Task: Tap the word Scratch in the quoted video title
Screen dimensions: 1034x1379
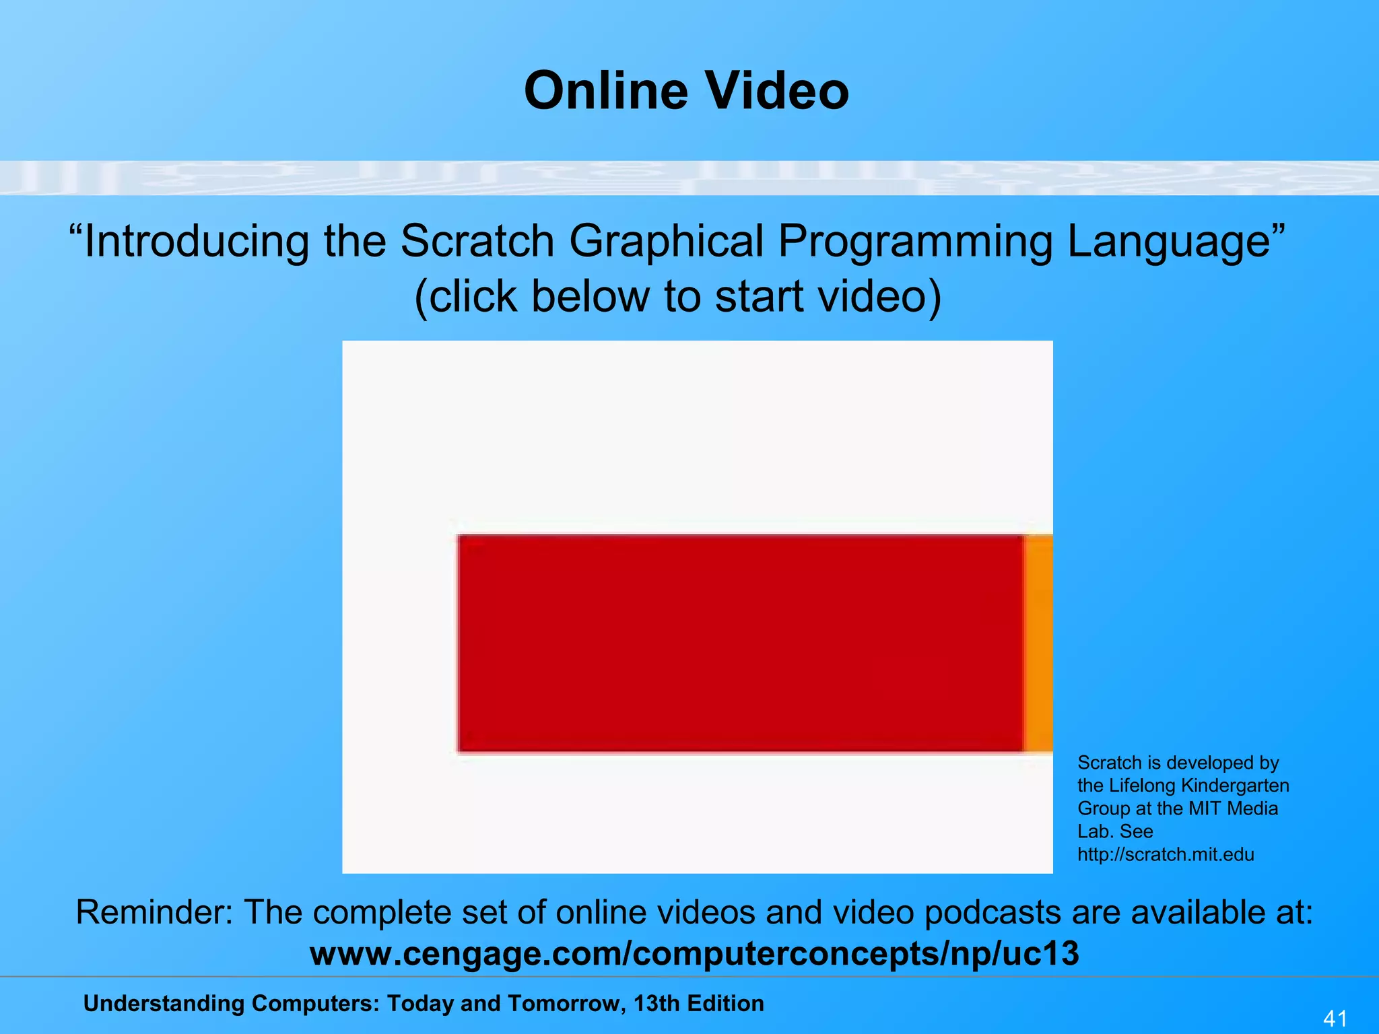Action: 477,241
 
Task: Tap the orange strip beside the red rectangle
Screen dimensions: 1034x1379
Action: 1039,643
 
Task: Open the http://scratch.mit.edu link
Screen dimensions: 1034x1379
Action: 1166,855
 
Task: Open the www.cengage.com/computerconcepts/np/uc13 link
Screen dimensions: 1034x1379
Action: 694,954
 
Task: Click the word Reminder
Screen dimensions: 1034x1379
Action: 154,913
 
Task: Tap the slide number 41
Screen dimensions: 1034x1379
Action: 1335,1018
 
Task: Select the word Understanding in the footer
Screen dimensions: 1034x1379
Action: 164,1004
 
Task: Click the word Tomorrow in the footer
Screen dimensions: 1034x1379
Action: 566,1004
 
